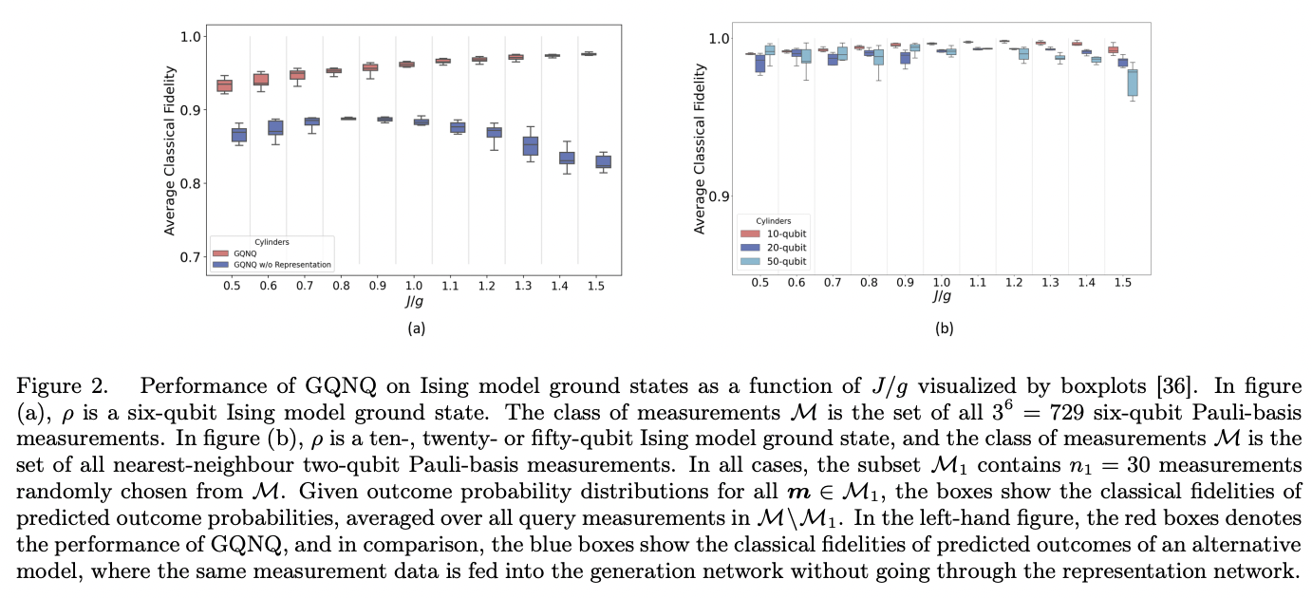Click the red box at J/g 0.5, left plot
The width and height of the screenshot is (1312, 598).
[224, 85]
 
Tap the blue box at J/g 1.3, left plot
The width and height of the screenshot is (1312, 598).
[531, 145]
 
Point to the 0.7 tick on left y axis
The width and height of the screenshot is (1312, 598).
[190, 256]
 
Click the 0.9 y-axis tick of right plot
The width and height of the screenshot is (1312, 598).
[720, 196]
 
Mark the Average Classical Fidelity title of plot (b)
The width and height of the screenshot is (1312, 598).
[700, 150]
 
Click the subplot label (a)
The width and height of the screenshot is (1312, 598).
[416, 328]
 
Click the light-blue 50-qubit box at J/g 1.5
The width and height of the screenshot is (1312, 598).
[1132, 82]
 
